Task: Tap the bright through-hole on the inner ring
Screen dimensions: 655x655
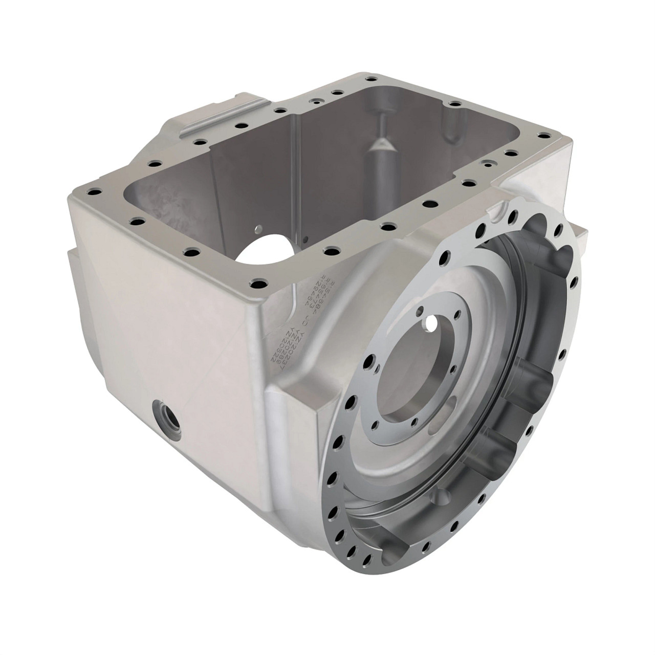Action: pyautogui.click(x=433, y=324)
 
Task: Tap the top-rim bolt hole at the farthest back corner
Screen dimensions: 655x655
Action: pyautogui.click(x=368, y=79)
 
